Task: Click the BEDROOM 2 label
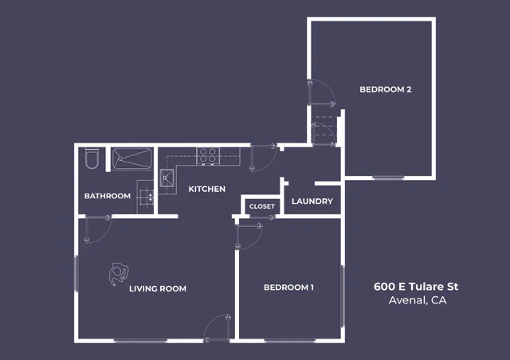(x=385, y=89)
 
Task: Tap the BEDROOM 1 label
(x=288, y=287)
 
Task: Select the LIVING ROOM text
(x=158, y=288)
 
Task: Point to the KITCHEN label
(x=206, y=189)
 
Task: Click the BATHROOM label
(x=108, y=196)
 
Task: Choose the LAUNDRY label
(x=312, y=202)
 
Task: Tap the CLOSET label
(x=261, y=206)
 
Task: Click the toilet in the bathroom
(x=91, y=158)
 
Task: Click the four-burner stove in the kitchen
(x=208, y=155)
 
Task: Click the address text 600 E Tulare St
(x=417, y=286)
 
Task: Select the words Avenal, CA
(x=417, y=300)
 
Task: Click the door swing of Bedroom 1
(x=250, y=236)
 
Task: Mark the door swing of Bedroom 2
(x=322, y=92)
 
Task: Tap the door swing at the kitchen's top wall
(x=263, y=157)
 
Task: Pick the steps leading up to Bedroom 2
(x=324, y=130)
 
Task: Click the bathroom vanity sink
(x=145, y=194)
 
